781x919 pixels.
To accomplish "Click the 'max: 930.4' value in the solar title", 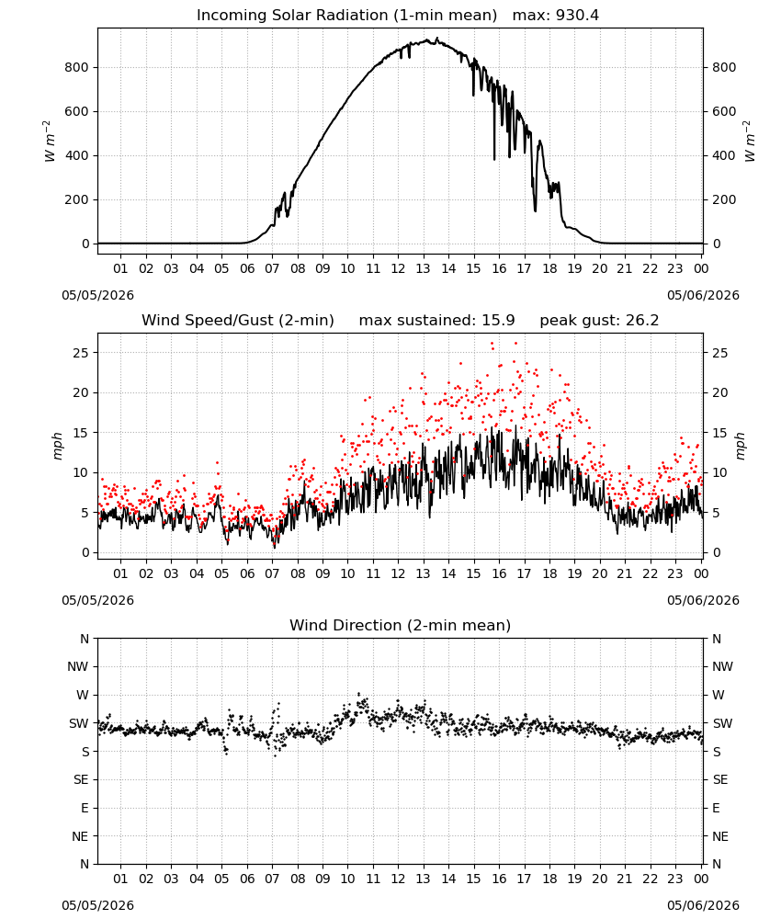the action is click(556, 16).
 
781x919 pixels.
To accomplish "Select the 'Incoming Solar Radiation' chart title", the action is click(292, 16).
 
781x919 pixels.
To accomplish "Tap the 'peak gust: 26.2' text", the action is click(599, 321).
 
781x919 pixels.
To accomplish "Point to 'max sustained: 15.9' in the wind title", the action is click(436, 321).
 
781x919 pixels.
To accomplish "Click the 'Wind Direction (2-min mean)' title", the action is click(401, 625).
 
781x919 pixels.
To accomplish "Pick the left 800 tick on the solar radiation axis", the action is click(77, 67).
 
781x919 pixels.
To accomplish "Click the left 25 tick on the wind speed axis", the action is click(82, 353).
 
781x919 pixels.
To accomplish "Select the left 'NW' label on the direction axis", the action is click(78, 667).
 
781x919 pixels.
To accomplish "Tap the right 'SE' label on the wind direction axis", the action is click(720, 780).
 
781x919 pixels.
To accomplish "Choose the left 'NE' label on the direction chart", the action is click(80, 837).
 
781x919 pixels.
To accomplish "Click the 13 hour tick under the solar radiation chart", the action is click(423, 269).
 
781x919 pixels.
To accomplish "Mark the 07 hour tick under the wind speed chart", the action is click(272, 573).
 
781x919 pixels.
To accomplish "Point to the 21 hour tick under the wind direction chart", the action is click(625, 879).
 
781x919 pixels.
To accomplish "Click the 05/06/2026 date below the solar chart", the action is click(703, 295).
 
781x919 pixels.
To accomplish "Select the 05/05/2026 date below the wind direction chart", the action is click(97, 905).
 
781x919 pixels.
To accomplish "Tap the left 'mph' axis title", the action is click(57, 446).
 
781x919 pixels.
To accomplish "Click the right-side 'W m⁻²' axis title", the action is click(750, 142).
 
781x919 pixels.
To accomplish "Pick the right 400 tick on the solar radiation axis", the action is click(724, 156).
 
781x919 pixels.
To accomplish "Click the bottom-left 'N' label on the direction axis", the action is click(85, 865).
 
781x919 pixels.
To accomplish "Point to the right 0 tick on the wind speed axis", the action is click(716, 552).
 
